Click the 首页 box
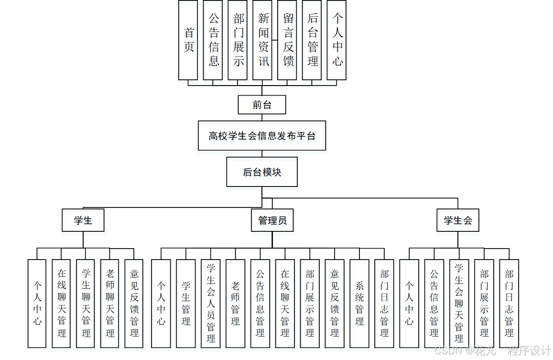click(x=188, y=40)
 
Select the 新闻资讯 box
click(x=262, y=40)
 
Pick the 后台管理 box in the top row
click(x=312, y=40)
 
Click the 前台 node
click(x=262, y=105)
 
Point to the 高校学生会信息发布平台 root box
click(x=262, y=136)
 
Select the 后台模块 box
click(x=262, y=172)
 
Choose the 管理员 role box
click(x=272, y=220)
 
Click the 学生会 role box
click(x=458, y=220)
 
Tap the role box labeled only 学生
click(x=83, y=220)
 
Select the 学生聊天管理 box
click(x=86, y=303)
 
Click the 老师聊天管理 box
click(x=110, y=303)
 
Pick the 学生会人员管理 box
click(x=211, y=303)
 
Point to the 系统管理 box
click(x=359, y=303)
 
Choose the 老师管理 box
click(x=236, y=303)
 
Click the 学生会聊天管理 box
click(x=459, y=303)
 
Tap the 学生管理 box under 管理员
click(x=186, y=303)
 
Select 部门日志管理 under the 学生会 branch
click(x=509, y=303)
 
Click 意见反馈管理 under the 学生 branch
click(x=134, y=303)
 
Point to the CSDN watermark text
click(x=492, y=350)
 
